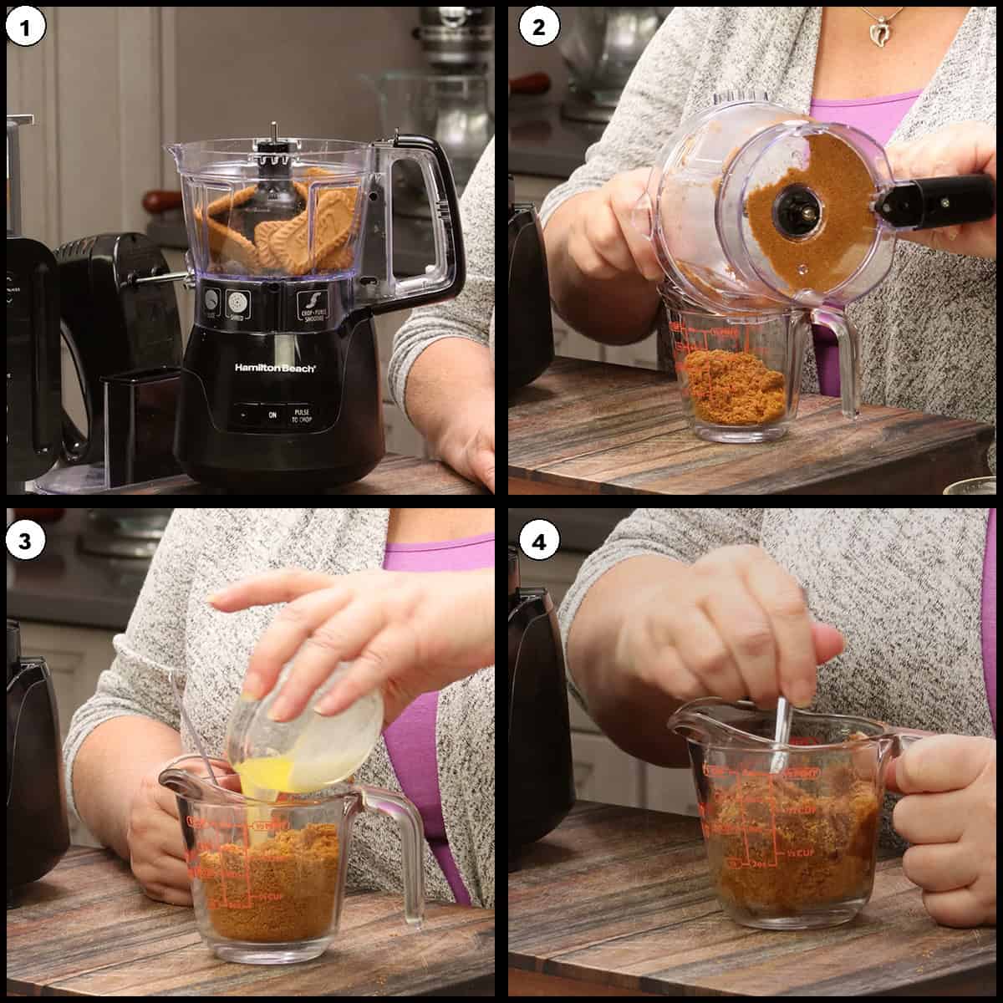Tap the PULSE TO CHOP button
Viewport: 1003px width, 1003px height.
coord(301,415)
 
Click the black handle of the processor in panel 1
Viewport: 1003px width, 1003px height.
coord(435,209)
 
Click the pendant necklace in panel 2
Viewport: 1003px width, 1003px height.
coord(878,33)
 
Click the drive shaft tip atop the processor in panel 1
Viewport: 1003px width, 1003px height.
coord(273,130)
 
